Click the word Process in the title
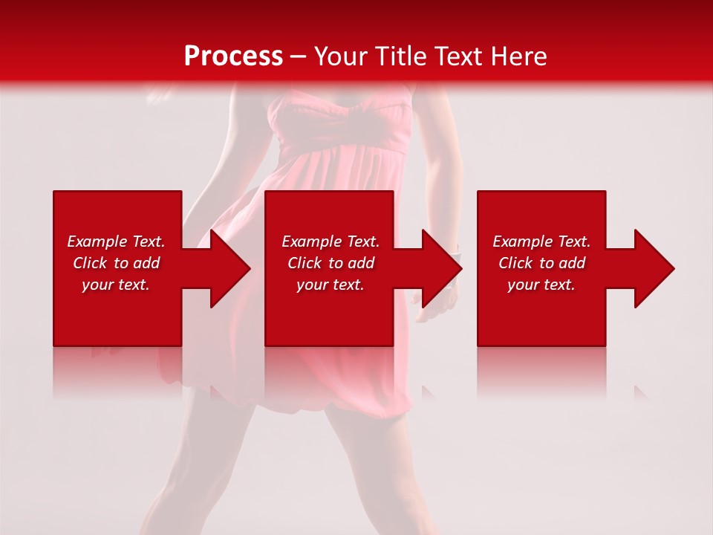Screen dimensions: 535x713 click(233, 56)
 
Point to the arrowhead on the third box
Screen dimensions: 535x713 click(653, 268)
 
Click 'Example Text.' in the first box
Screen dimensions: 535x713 click(116, 241)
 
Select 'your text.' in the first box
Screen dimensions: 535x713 click(116, 285)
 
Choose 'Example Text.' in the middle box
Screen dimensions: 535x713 click(331, 241)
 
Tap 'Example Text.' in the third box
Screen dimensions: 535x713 click(541, 241)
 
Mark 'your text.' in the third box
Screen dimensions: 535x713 click(541, 285)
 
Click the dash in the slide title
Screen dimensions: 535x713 click(299, 57)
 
